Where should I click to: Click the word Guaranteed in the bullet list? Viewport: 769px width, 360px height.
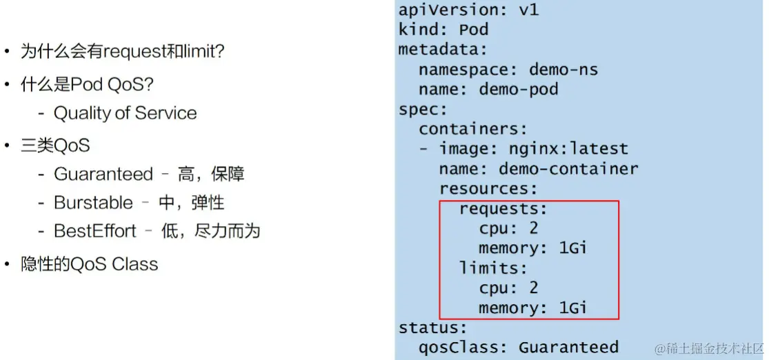(103, 174)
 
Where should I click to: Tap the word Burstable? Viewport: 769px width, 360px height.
(93, 203)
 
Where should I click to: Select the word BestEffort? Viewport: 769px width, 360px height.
(95, 231)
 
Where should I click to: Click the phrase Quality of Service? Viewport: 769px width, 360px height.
(125, 113)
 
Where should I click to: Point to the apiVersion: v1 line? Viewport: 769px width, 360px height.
(468, 10)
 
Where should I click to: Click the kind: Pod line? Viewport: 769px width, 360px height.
(443, 30)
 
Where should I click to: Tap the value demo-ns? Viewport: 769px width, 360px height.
(563, 70)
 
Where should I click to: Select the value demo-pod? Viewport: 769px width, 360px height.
(519, 90)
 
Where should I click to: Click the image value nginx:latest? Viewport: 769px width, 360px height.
(568, 149)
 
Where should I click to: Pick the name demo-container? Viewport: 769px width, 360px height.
(568, 169)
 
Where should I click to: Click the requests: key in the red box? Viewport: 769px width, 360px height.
(503, 208)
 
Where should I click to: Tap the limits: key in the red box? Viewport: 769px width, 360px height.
(493, 268)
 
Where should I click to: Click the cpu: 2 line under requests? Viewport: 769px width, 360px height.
(508, 228)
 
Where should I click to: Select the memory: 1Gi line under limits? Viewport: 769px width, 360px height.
(533, 308)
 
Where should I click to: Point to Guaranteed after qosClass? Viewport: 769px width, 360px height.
(568, 347)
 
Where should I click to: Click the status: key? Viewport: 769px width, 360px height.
(433, 328)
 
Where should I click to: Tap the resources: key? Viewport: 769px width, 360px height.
(488, 188)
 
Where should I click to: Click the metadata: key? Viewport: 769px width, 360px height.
(443, 50)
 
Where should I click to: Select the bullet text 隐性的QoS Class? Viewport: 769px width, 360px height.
(90, 264)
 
